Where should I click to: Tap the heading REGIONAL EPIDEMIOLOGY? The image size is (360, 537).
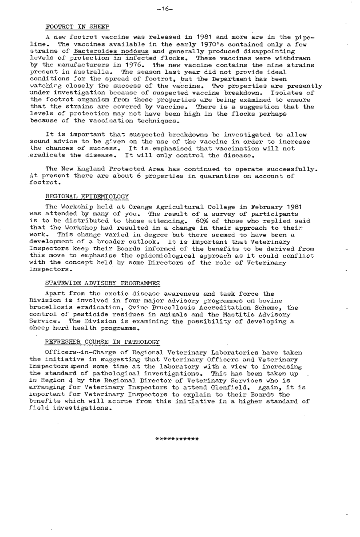pos(88,196)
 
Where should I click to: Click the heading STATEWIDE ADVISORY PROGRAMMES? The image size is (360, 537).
pos(102,283)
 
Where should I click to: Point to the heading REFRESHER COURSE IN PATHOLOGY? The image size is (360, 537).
pos(102,342)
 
